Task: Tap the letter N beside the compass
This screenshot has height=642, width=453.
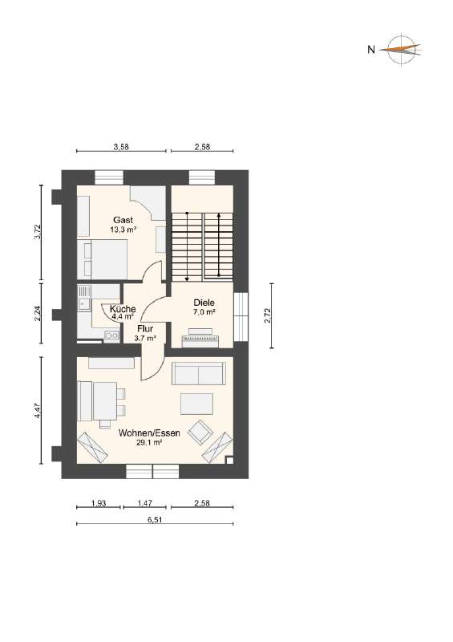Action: pos(371,50)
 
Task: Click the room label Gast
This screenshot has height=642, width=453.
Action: pos(122,219)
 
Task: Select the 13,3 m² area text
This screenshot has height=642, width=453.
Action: pos(123,229)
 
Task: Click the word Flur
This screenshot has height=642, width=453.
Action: pos(145,329)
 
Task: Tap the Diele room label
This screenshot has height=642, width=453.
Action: pos(204,303)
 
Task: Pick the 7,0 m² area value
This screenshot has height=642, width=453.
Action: pos(204,312)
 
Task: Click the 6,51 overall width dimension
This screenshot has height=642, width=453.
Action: pos(156,519)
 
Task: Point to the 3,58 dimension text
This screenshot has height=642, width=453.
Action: pos(121,147)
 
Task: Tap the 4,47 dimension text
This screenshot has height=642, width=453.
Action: pos(37,410)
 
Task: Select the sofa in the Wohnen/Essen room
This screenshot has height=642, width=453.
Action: pos(198,374)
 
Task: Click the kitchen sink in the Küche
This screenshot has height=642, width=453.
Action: pos(83,304)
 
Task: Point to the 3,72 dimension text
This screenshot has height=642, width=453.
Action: pos(37,233)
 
